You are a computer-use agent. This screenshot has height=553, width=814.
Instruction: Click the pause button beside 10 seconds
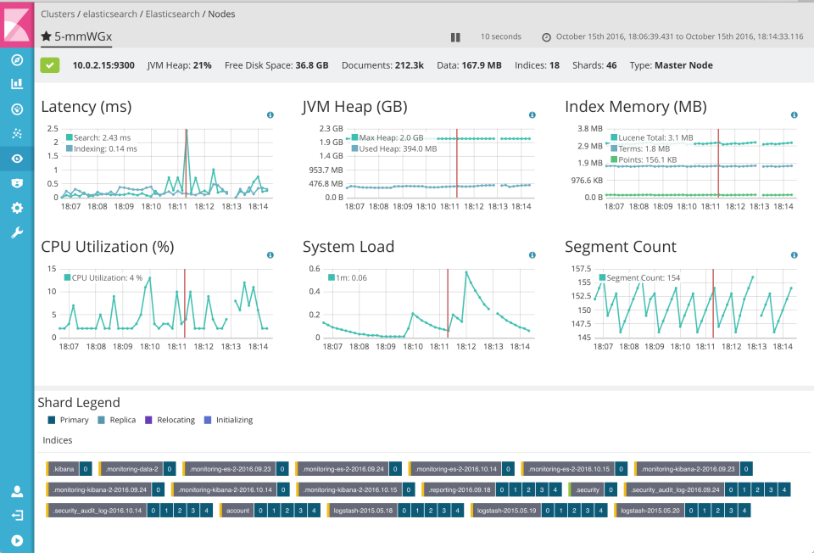tap(455, 37)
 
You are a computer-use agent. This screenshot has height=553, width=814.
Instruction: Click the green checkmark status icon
tap(50, 65)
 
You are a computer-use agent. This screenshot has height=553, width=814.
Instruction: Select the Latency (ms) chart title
tap(86, 107)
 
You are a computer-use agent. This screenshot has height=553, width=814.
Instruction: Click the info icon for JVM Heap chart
tap(532, 115)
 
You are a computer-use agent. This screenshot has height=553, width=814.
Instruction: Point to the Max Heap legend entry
tap(391, 137)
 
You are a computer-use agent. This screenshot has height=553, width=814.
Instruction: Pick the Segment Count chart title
tap(620, 247)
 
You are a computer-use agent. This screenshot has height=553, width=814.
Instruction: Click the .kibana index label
tap(63, 468)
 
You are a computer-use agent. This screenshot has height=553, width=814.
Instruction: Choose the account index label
tap(237, 511)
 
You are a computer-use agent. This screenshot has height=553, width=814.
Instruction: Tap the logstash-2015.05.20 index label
tap(649, 511)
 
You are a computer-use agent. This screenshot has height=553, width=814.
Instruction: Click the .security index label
tap(587, 489)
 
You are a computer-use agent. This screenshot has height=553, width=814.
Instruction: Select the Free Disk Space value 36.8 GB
tap(311, 65)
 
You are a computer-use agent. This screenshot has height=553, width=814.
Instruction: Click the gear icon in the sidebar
tap(16, 208)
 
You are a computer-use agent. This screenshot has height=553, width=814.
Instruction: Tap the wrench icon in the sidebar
tap(16, 232)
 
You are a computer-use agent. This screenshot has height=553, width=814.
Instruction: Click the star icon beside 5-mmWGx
tap(46, 36)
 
